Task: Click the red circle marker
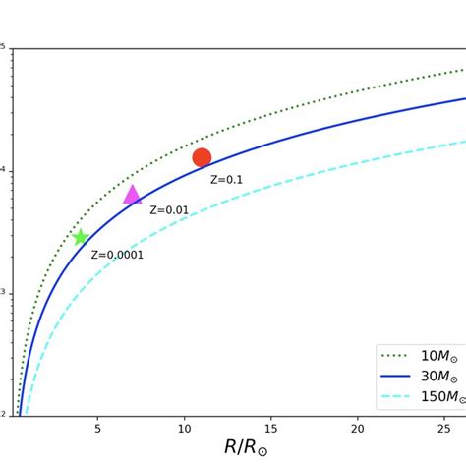(202, 157)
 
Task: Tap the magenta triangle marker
(132, 195)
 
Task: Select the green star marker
(81, 237)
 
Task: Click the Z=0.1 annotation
(226, 180)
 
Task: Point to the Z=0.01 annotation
(169, 210)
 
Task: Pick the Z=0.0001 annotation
(117, 255)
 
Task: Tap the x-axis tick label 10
(184, 430)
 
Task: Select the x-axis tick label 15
(270, 430)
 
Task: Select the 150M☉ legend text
(436, 397)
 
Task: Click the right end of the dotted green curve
(464, 70)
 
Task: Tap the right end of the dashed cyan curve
(464, 141)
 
